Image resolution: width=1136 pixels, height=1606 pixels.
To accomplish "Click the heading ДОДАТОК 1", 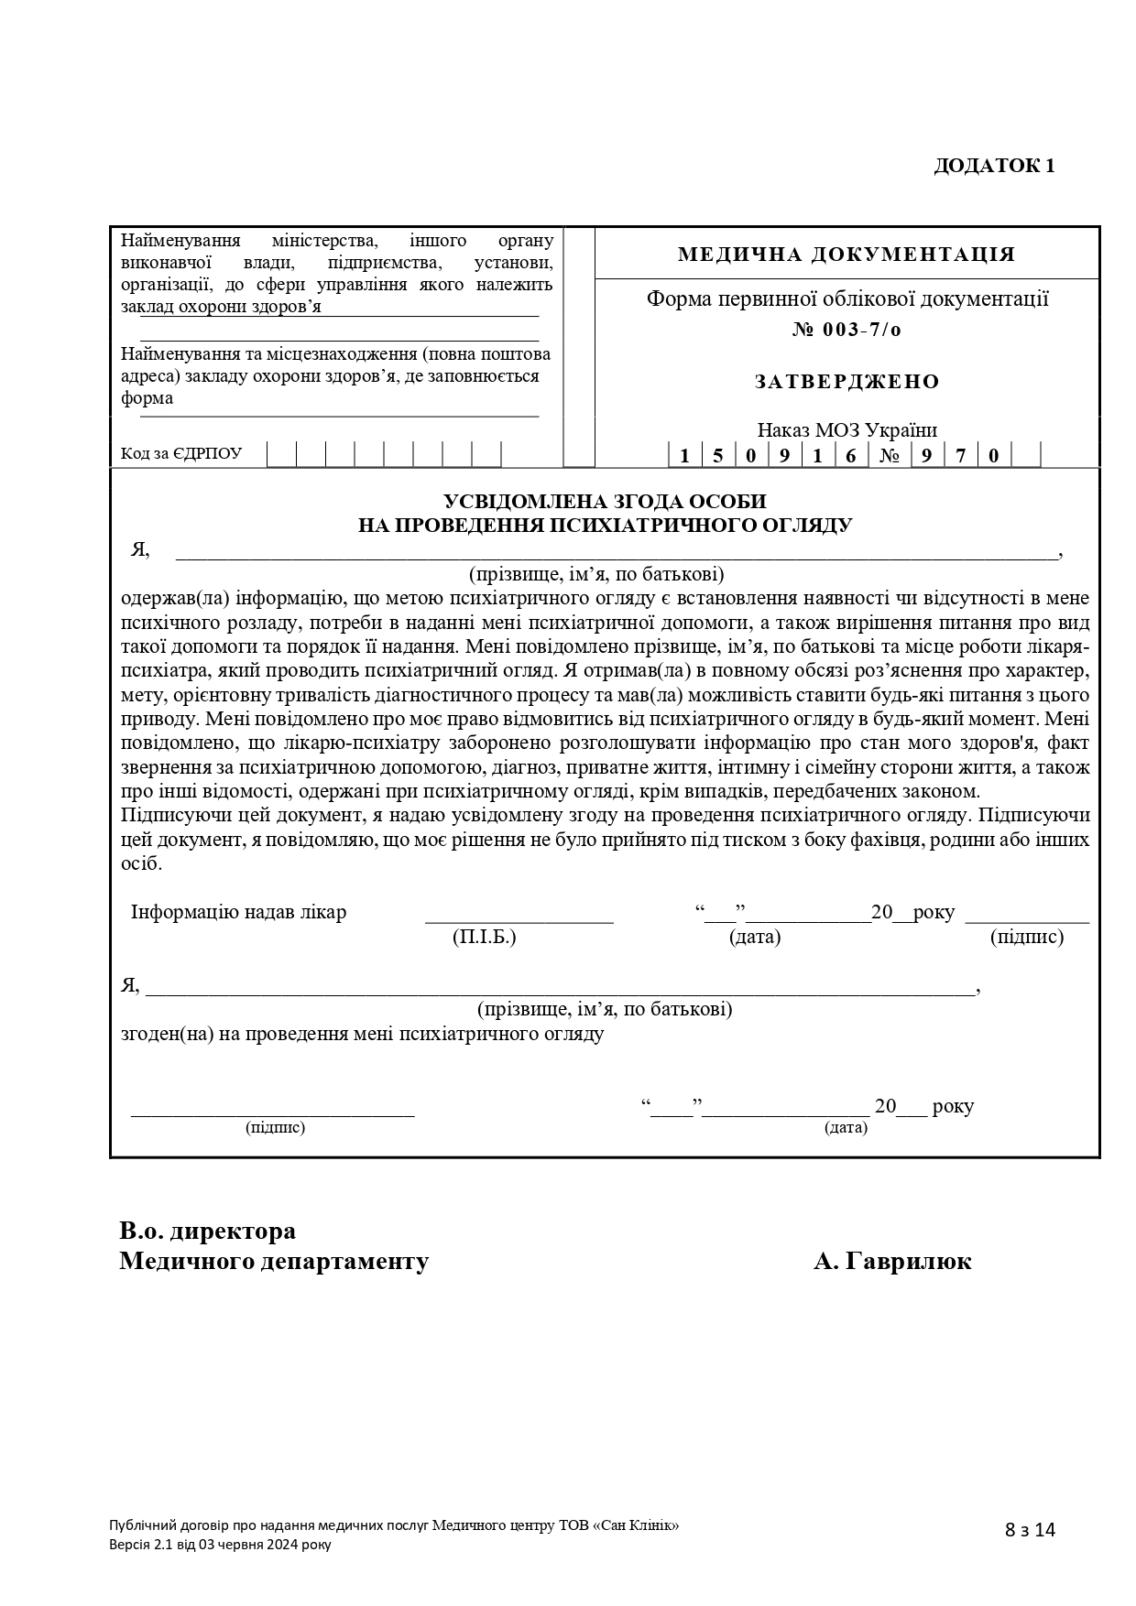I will (x=994, y=166).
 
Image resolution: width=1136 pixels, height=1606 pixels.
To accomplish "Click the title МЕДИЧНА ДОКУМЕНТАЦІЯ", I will (x=847, y=254).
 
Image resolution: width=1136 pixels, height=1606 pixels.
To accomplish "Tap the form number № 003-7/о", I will (x=847, y=330).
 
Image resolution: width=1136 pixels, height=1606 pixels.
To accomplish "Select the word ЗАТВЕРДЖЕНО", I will (x=847, y=382).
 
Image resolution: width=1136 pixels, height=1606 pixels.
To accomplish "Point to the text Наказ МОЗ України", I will (x=847, y=430).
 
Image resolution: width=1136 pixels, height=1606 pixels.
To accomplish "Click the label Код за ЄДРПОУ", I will (x=181, y=454).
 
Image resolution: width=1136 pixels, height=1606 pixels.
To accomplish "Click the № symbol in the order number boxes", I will (x=889, y=455).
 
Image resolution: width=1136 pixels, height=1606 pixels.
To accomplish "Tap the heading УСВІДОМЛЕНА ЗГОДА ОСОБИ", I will (x=605, y=502).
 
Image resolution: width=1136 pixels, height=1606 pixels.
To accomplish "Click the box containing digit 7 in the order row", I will (x=960, y=455).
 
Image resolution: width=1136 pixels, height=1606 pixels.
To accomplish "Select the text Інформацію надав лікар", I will (x=238, y=913).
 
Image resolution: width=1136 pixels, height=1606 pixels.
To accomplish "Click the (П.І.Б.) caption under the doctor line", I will (x=485, y=938).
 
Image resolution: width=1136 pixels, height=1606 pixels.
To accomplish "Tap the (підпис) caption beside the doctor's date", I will (x=1027, y=938).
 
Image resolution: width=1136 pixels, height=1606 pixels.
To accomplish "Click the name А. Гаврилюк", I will (x=892, y=1262).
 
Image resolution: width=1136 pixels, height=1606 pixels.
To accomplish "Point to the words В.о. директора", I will (x=208, y=1232).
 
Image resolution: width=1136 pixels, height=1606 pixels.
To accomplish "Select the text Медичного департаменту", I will (x=274, y=1262).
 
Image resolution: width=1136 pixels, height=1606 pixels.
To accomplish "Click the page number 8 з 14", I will (x=1031, y=1530).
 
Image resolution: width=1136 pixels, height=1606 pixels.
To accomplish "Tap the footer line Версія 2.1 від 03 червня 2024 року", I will (x=220, y=1545).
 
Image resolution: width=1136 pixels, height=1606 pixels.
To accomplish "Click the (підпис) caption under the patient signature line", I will (x=275, y=1128).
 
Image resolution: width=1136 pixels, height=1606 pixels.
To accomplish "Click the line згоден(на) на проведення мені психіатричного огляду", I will (x=362, y=1035).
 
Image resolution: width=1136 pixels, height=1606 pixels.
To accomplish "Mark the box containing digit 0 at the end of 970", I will (x=994, y=455).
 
